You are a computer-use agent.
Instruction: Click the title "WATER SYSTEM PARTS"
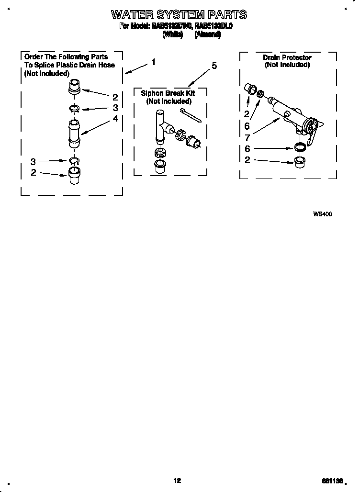click(x=179, y=14)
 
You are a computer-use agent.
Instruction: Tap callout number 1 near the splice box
click(x=153, y=62)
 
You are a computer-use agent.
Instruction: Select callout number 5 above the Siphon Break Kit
click(x=214, y=66)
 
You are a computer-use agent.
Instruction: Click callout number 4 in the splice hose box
click(x=115, y=118)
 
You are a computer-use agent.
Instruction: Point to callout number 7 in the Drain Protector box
click(x=247, y=136)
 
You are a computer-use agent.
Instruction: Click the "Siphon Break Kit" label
click(x=168, y=93)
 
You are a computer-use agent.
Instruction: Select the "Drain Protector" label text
click(x=287, y=57)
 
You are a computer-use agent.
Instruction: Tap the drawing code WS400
click(x=322, y=214)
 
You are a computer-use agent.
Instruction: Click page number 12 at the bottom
click(x=177, y=481)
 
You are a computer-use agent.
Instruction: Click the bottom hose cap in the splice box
click(x=73, y=175)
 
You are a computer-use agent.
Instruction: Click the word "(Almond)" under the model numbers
click(x=208, y=34)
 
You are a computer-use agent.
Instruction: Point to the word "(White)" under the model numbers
click(x=173, y=34)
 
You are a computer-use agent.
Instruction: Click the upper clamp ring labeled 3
click(x=75, y=108)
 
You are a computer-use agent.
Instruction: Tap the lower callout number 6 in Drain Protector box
click(x=247, y=149)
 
